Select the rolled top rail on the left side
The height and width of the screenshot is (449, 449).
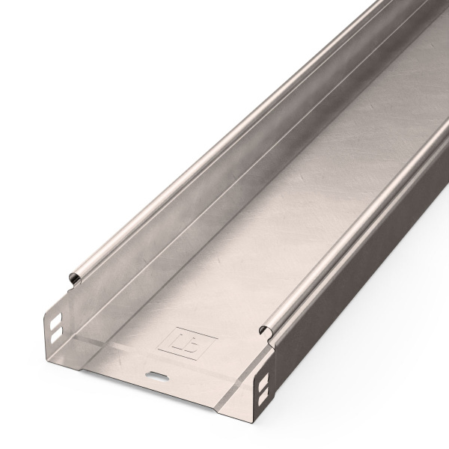[187, 150]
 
